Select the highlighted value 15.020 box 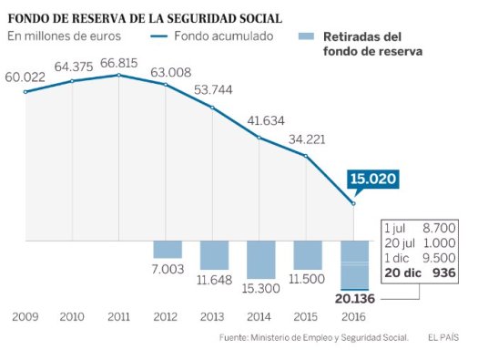pyautogui.click(x=372, y=180)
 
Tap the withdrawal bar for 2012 pyautogui.click(x=168, y=249)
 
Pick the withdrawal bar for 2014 pyautogui.click(x=261, y=259)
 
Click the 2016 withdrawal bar pyautogui.click(x=355, y=264)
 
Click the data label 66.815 pyautogui.click(x=118, y=62)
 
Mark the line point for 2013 pyautogui.click(x=213, y=108)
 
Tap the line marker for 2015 pyautogui.click(x=307, y=156)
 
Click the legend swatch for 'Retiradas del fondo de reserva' pyautogui.click(x=308, y=36)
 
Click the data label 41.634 pyautogui.click(x=262, y=119)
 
